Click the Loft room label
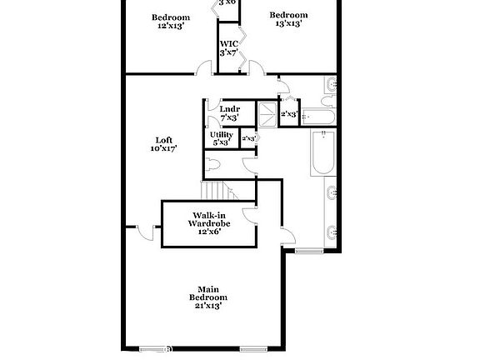point(164,143)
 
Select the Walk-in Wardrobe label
point(208,223)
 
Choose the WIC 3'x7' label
point(228,47)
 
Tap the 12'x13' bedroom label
point(170,22)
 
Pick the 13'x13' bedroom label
point(289,19)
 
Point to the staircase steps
point(218,189)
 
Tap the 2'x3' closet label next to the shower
point(289,113)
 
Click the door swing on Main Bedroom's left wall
point(145,232)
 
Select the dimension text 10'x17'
point(164,148)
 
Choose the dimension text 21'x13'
point(207,306)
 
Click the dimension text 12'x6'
point(208,232)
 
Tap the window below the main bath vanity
point(307,250)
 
